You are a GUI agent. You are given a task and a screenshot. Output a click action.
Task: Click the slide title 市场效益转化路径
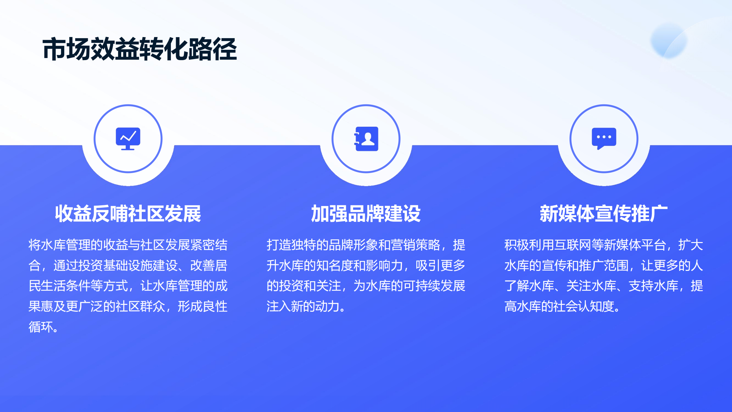coord(140,49)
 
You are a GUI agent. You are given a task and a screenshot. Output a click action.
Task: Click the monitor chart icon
coord(128,139)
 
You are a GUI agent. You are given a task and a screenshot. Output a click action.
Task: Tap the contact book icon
coord(366,139)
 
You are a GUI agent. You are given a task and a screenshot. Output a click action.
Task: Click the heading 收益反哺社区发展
coord(128,214)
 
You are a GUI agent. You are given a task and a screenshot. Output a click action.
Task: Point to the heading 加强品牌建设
coord(366,214)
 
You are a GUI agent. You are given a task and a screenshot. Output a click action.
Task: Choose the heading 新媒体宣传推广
coord(604,214)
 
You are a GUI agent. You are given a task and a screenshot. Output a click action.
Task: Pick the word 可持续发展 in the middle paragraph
coord(434,286)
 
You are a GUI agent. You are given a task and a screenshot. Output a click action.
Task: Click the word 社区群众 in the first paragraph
coord(140,306)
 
